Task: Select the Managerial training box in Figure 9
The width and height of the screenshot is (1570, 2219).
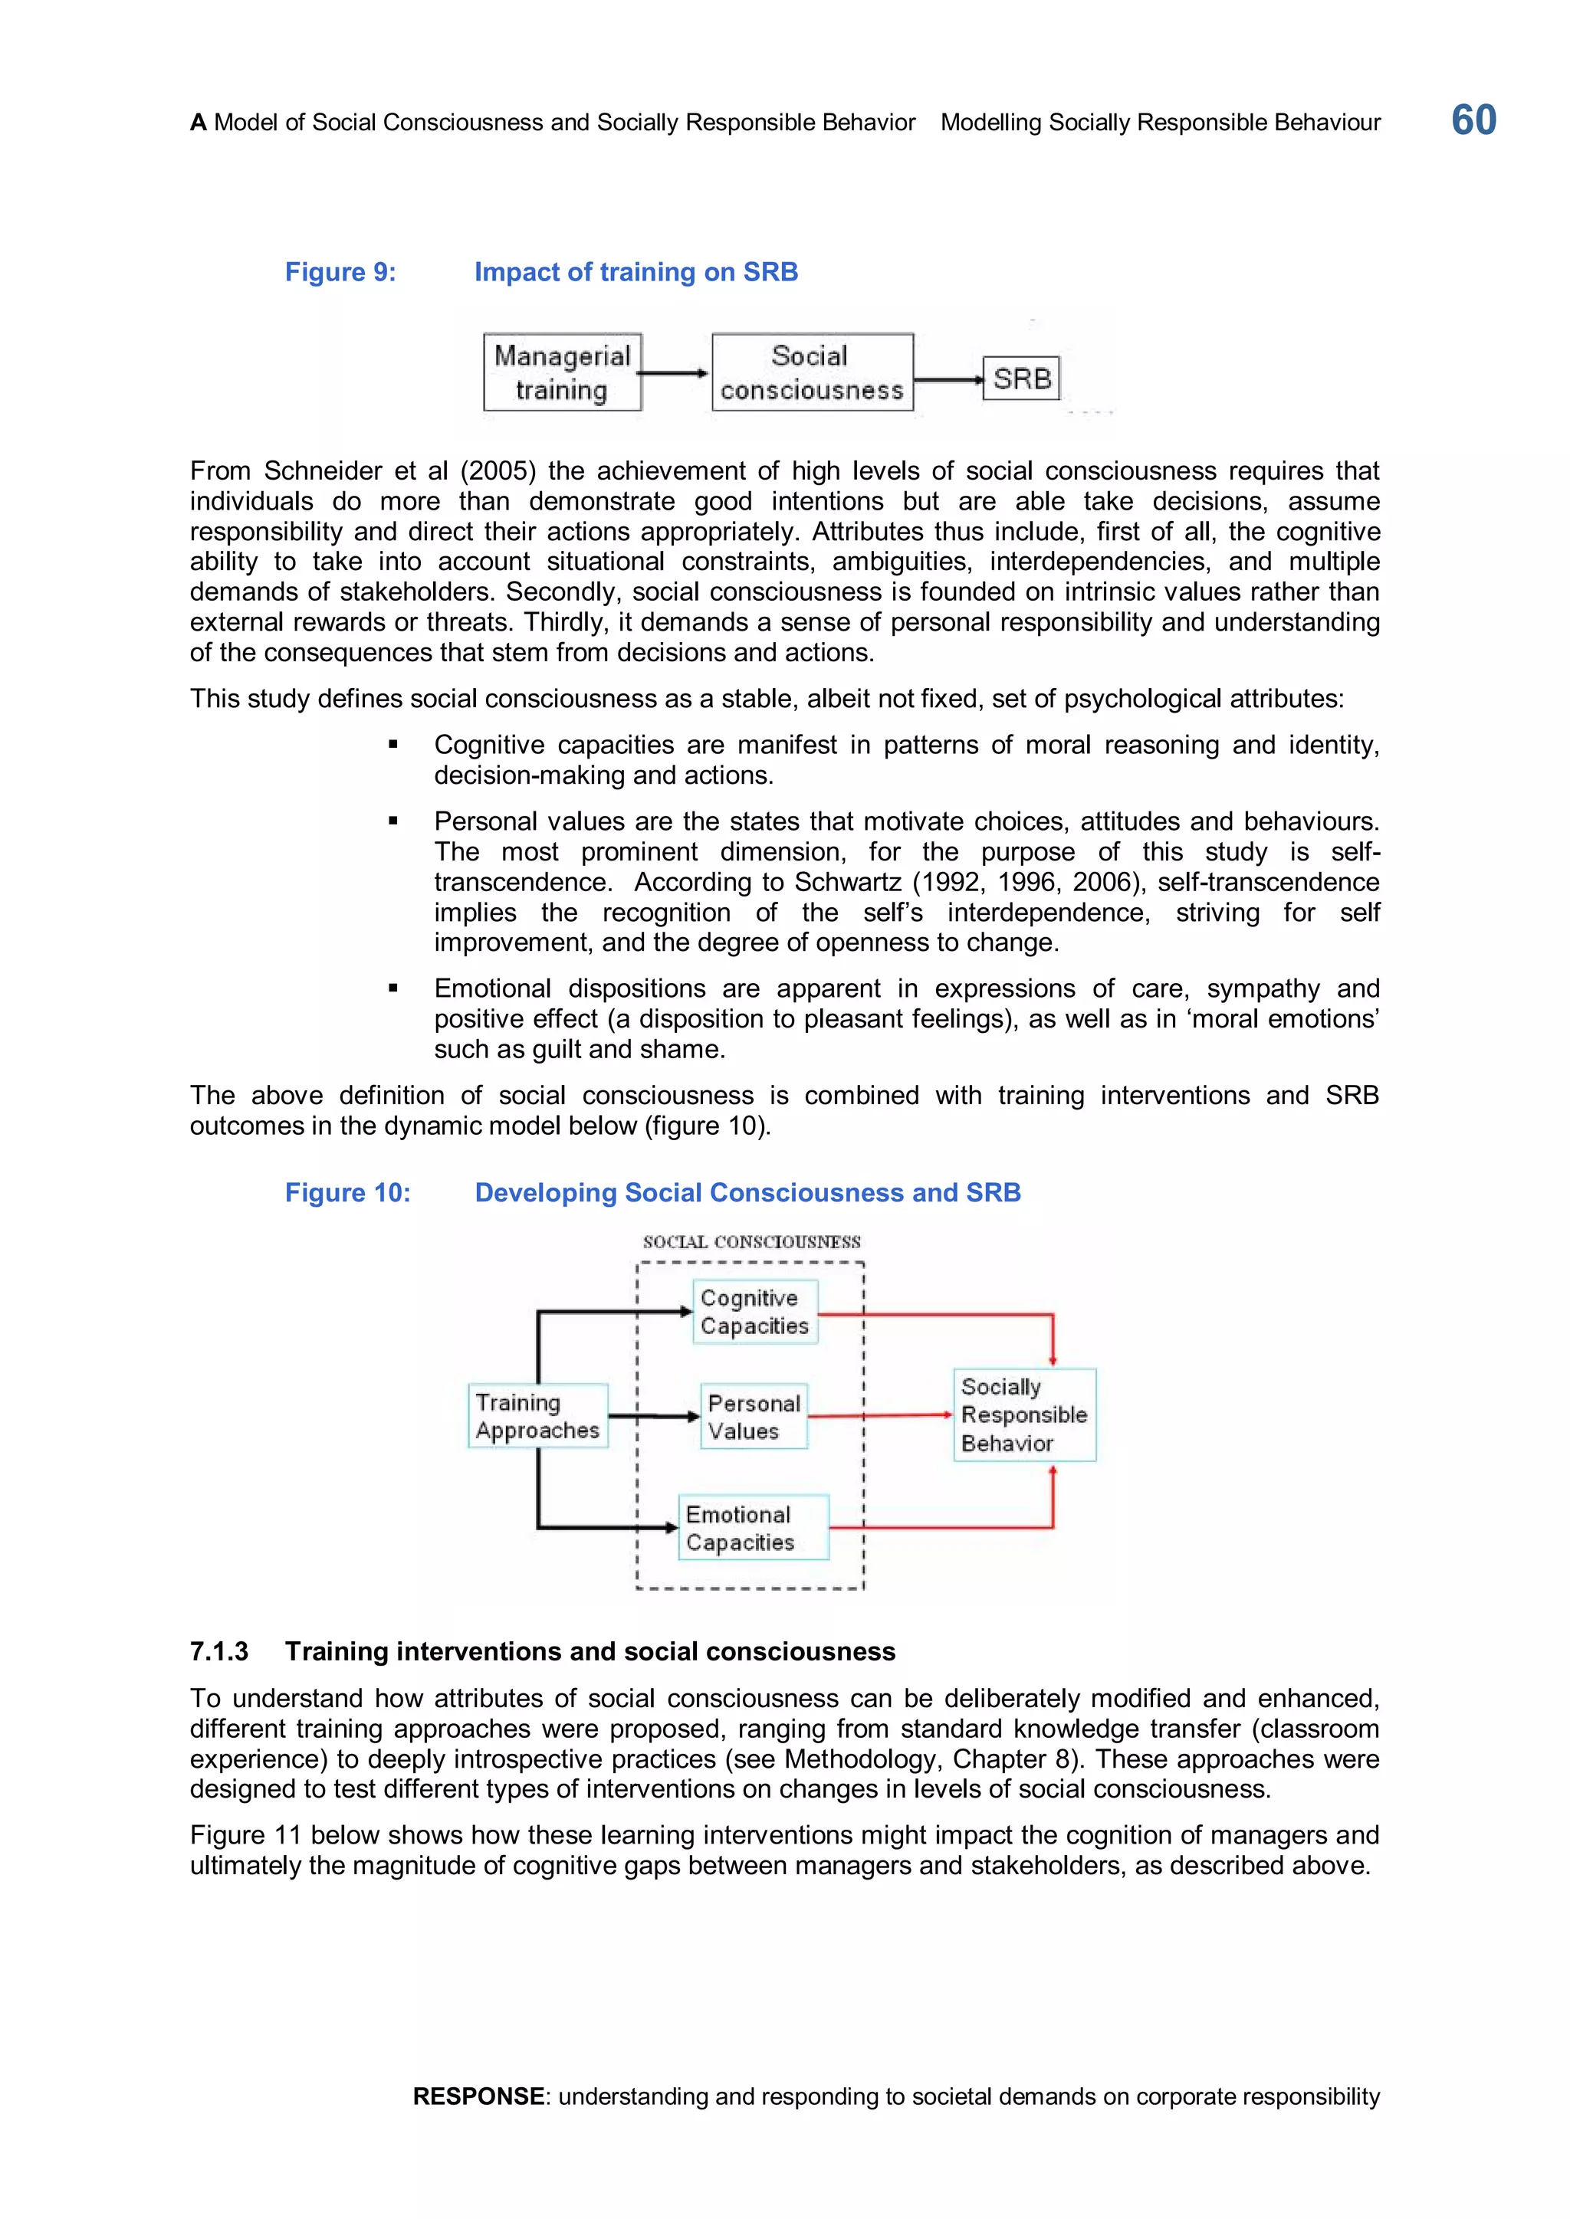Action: (x=562, y=372)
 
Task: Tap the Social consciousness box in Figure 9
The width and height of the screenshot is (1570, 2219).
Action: (x=812, y=372)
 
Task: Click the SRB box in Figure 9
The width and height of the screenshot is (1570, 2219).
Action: (x=1021, y=378)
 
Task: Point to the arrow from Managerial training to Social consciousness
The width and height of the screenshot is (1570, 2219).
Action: (x=675, y=373)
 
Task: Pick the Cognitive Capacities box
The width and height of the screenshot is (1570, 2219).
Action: (x=754, y=1312)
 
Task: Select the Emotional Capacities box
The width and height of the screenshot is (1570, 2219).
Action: (x=752, y=1528)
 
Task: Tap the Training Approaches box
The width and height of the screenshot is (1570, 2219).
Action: (x=537, y=1416)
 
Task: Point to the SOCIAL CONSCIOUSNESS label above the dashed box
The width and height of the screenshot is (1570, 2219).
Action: (x=751, y=1242)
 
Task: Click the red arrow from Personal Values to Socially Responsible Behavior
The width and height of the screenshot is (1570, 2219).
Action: (x=880, y=1416)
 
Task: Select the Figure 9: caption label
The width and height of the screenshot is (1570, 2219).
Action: (x=340, y=273)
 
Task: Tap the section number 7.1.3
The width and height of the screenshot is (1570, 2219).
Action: (x=218, y=1652)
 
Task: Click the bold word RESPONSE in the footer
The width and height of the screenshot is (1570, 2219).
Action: (x=478, y=2096)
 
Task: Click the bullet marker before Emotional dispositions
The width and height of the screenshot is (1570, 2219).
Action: (x=392, y=988)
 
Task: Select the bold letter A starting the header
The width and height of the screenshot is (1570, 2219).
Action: (x=199, y=123)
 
